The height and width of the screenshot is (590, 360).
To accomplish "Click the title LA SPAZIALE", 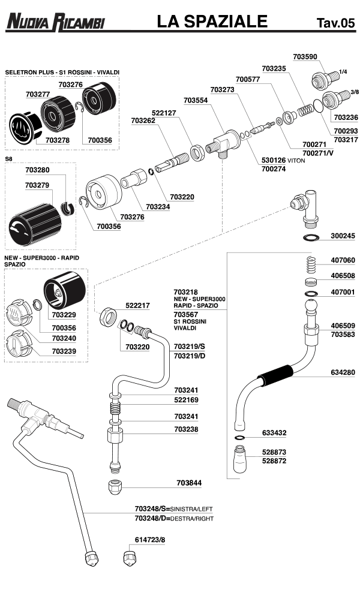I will [212, 22].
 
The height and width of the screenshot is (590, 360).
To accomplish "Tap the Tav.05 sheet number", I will [335, 23].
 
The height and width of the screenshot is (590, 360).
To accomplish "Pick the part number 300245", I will [343, 236].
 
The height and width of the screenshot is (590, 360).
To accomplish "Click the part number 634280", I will [343, 372].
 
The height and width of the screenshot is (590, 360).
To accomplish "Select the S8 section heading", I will [9, 159].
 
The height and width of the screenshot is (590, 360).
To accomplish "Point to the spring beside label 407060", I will [311, 263].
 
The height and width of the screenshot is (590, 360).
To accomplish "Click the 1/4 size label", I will [343, 71].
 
